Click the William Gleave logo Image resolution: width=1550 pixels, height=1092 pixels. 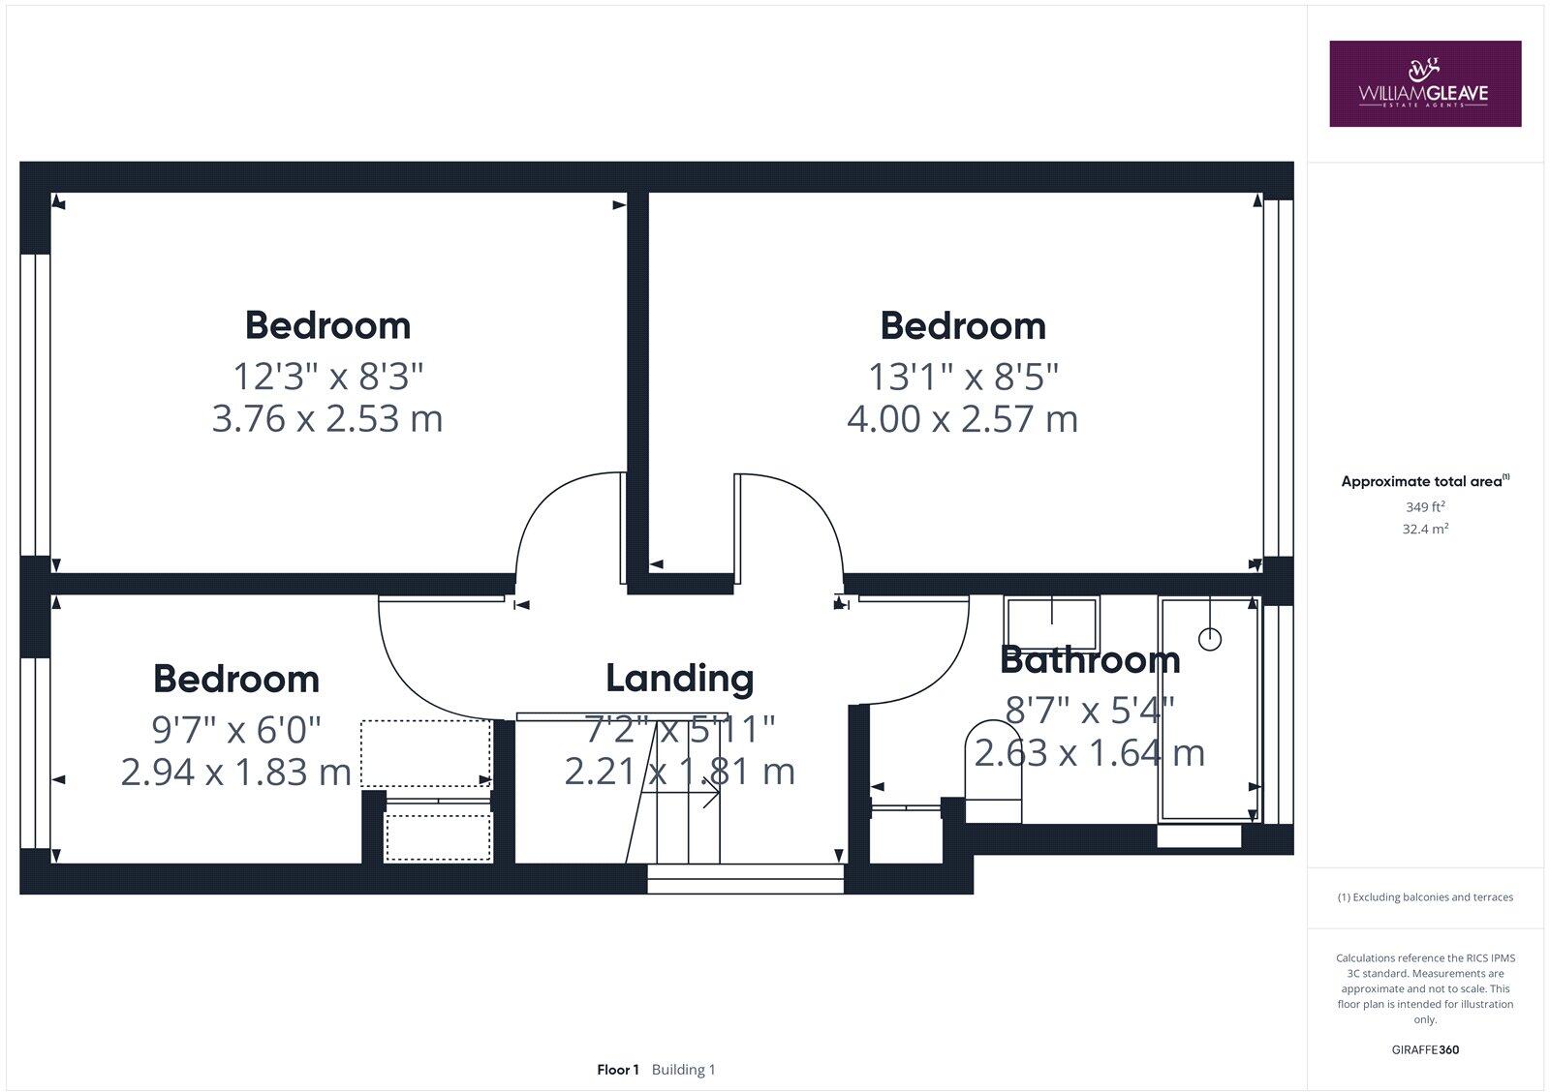coord(1424,84)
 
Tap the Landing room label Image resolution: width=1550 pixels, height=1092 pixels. coord(679,678)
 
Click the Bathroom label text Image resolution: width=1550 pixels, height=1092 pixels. coord(1090,660)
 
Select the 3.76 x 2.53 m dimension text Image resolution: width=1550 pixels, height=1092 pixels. coord(327,419)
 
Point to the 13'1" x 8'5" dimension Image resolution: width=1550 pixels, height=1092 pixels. coord(963,375)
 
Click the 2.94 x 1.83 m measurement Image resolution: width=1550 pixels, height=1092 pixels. coord(235,773)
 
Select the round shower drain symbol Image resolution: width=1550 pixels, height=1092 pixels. coord(1210,639)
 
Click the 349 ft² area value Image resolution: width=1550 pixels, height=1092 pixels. coord(1425,506)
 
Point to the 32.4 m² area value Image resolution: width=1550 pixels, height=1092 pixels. coord(1425,530)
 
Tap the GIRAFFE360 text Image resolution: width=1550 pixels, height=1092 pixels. coord(1425,1049)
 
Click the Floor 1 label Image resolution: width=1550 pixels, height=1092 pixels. coord(618,1070)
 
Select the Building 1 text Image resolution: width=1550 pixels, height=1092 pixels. coord(683,1070)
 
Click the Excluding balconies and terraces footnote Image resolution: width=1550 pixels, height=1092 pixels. coord(1425,897)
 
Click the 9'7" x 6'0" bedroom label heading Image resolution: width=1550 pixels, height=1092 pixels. coord(235,679)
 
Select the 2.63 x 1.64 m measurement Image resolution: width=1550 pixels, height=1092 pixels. coord(1090,753)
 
